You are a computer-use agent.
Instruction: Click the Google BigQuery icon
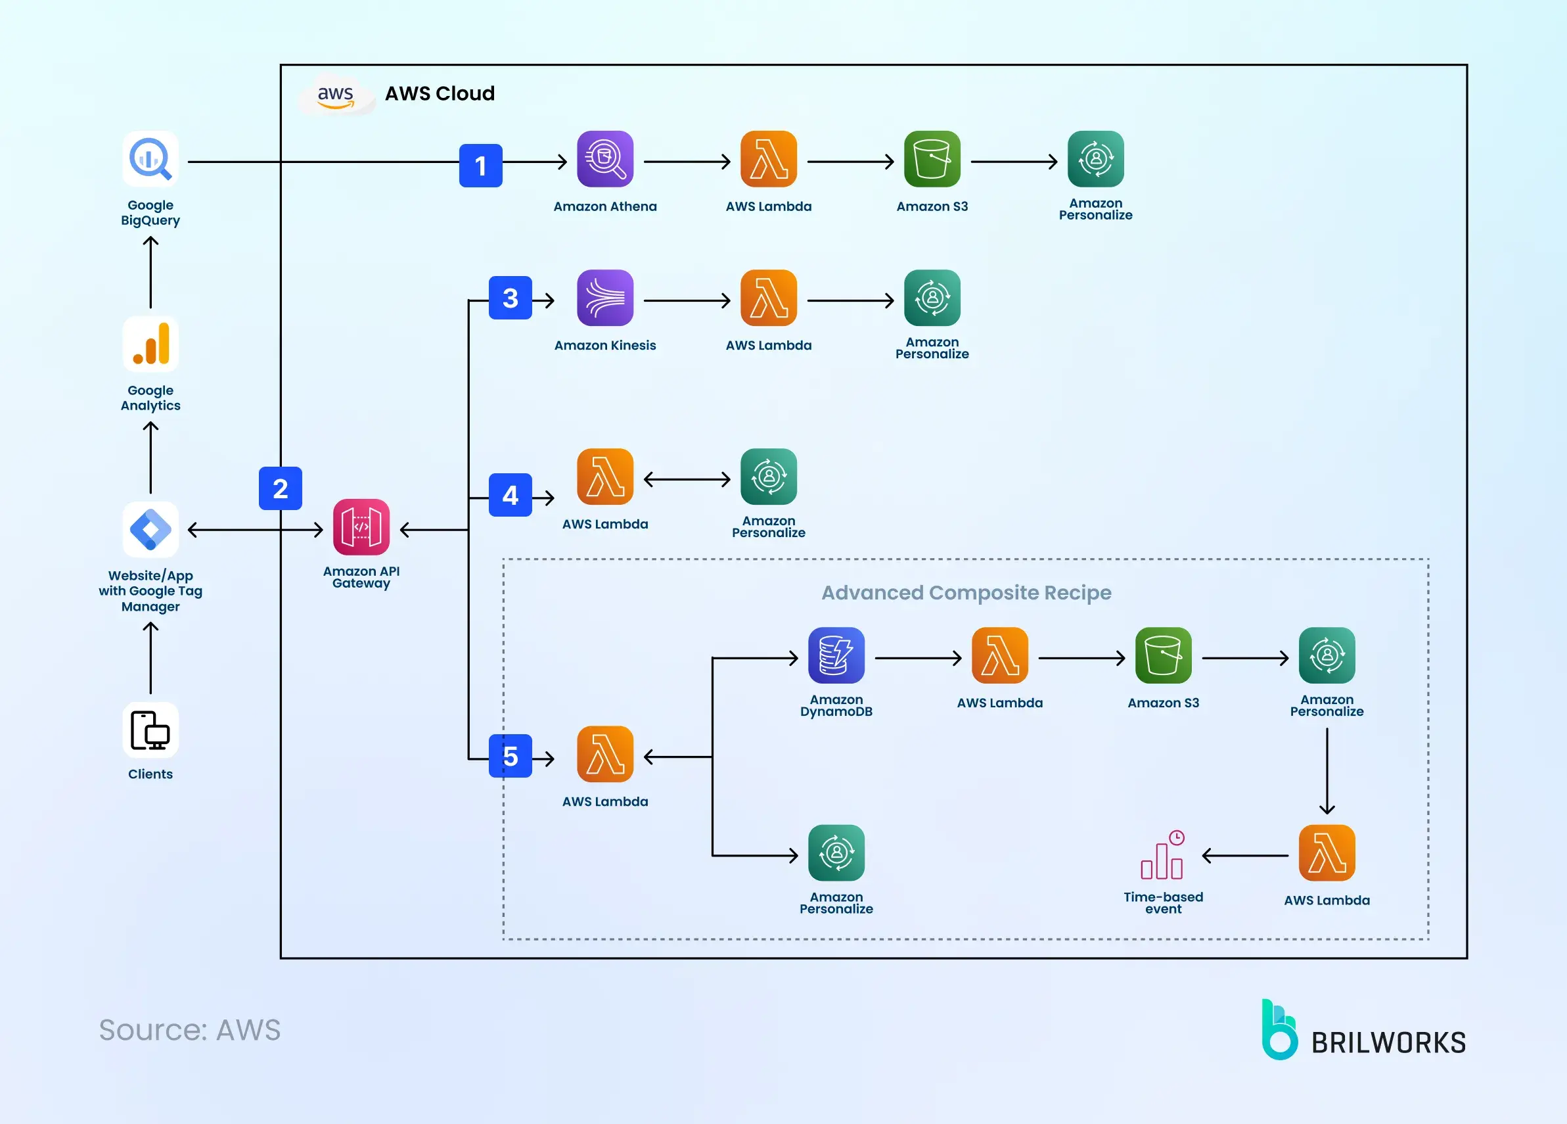tap(150, 159)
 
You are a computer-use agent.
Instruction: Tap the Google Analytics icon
tap(150, 344)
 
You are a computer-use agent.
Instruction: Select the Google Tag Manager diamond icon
tap(150, 530)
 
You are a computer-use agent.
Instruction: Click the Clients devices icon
tap(150, 730)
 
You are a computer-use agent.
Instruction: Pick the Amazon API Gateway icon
tap(361, 527)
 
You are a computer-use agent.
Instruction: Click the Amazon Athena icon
tap(605, 159)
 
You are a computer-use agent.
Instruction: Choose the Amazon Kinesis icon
tap(605, 298)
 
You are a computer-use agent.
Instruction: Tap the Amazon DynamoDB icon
tap(836, 655)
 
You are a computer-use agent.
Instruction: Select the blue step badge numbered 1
tap(481, 165)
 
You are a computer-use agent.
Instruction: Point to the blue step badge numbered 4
tap(511, 495)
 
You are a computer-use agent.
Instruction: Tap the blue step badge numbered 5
tap(511, 757)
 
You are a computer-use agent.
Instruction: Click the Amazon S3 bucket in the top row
tap(932, 159)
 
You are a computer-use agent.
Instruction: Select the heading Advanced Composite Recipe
tap(966, 592)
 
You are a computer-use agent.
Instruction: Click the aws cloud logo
tap(336, 94)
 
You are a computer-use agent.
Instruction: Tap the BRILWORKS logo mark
tap(1279, 1031)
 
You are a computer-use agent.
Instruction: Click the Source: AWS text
tap(190, 1030)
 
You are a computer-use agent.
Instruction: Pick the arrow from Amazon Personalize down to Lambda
tap(1327, 771)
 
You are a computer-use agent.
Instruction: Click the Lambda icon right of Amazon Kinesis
tap(768, 298)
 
